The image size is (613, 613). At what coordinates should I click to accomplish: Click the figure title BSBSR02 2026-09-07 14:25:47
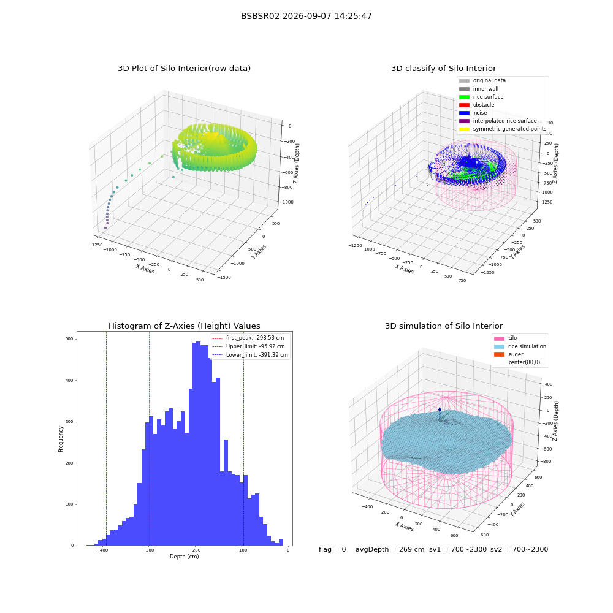tap(306, 16)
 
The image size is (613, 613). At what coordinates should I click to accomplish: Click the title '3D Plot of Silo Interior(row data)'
tap(184, 69)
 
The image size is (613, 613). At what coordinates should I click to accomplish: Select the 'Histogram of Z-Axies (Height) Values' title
tap(184, 326)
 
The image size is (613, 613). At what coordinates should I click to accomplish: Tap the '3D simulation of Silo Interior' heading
tap(444, 326)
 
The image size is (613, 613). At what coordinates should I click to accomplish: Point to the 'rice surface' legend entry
tap(481, 97)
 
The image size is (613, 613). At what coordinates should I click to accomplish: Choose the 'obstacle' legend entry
tap(476, 105)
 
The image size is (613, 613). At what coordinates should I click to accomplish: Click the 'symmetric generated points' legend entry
tap(503, 129)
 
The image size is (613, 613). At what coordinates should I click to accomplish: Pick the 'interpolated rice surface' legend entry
tap(498, 121)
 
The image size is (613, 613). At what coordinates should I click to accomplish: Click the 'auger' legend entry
tap(509, 354)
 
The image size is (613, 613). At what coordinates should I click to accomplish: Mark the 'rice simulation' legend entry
tap(520, 346)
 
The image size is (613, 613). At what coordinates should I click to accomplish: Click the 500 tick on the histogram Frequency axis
tap(70, 339)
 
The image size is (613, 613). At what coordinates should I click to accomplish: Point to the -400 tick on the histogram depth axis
tap(102, 550)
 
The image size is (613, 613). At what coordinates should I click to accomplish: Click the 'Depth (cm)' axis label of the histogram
tap(184, 557)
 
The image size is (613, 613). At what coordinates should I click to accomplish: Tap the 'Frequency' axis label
tap(61, 439)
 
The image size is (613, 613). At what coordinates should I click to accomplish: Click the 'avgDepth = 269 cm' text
tap(390, 549)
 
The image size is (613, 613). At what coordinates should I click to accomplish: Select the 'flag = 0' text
tap(332, 549)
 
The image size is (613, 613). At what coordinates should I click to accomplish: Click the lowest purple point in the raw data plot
tap(105, 228)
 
